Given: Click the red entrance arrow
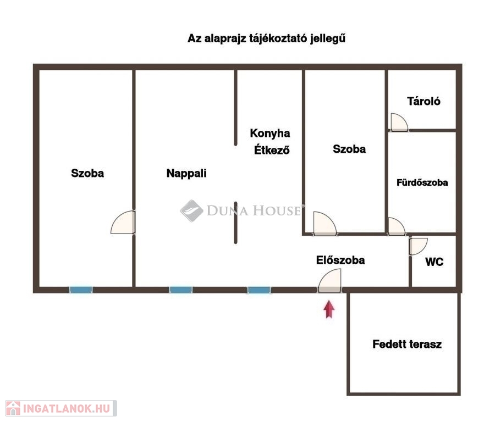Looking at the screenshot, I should [x=329, y=309].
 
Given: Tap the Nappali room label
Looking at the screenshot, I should [x=186, y=173].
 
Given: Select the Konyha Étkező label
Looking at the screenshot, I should [x=271, y=141].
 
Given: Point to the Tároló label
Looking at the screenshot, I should [x=424, y=101].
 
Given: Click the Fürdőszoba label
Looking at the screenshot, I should [x=422, y=182].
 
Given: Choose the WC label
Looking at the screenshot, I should [x=435, y=262].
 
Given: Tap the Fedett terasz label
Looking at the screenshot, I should [x=407, y=345].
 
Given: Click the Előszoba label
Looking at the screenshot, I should [x=340, y=260].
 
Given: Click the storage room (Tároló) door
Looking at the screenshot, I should [x=399, y=122].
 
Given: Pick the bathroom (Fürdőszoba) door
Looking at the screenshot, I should [x=397, y=226].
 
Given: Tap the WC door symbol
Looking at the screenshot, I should [x=418, y=246].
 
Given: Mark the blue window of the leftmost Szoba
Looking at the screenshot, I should [x=81, y=290].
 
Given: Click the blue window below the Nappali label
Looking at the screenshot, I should [x=181, y=290].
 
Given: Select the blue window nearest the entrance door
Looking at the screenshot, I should [x=258, y=290].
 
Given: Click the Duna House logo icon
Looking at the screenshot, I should [x=191, y=210].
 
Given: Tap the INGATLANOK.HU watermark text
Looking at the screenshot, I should [x=65, y=408].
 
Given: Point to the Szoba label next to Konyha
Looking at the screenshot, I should [x=349, y=148].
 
